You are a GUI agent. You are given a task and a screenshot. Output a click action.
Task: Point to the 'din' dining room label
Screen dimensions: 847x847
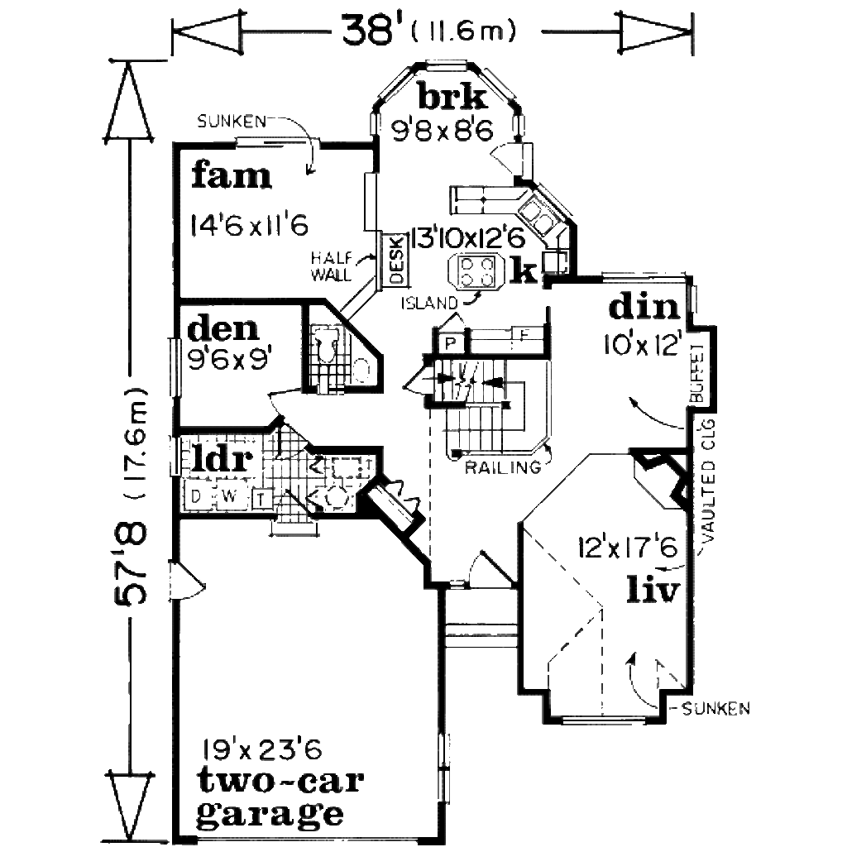point(645,308)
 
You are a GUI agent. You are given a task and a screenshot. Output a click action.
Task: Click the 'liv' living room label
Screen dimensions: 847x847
point(653,591)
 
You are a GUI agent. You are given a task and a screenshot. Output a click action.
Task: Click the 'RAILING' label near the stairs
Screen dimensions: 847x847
point(502,467)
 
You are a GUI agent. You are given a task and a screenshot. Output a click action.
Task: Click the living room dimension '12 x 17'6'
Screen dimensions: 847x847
point(629,548)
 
